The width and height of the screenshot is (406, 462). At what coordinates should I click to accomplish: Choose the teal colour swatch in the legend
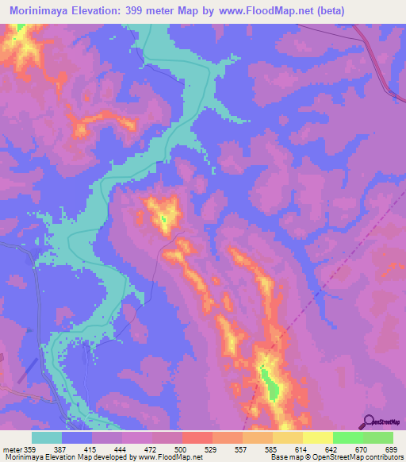point(47,437)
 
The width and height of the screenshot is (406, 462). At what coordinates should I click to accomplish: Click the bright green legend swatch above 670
point(348,437)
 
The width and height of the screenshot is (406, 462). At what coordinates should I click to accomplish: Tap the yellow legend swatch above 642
point(317,437)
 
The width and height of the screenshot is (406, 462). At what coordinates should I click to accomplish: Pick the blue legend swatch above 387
point(77,437)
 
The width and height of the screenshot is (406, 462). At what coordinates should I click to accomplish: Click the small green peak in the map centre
point(163,220)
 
